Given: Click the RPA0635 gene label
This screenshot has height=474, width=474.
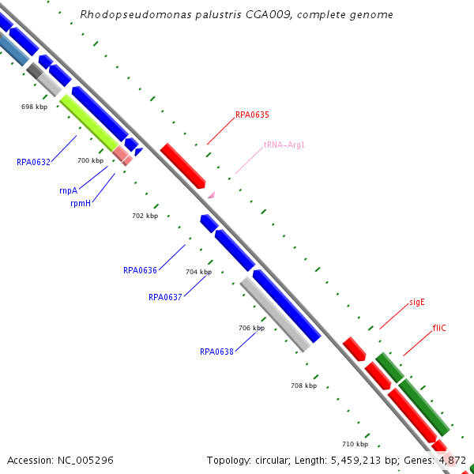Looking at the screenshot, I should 252,115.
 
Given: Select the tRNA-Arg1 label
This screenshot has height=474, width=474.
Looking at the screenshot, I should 284,145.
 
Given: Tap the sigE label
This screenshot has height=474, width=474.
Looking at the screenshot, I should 417,302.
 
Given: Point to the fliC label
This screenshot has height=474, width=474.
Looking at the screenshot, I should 439,327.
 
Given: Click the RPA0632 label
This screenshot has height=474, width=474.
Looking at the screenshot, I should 33,162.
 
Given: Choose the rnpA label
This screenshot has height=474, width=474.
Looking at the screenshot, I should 68,190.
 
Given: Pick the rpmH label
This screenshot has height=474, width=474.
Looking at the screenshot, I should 81,202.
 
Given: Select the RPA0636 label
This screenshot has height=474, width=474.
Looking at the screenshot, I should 140,270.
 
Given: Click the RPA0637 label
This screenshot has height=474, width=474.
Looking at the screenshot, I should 165,297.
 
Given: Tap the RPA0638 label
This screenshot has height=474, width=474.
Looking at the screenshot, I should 216,352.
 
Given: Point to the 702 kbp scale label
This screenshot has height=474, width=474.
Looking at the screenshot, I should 145,216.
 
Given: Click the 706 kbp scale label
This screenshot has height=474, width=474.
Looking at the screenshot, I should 251,327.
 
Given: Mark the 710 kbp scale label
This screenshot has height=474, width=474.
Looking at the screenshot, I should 355,444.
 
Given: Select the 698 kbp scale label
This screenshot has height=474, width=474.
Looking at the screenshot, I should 34,106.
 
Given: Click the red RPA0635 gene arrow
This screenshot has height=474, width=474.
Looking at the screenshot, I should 182,164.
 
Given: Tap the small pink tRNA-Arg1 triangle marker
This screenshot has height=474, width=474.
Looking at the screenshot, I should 210,194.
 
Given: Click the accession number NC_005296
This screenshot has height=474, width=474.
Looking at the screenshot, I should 60,460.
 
